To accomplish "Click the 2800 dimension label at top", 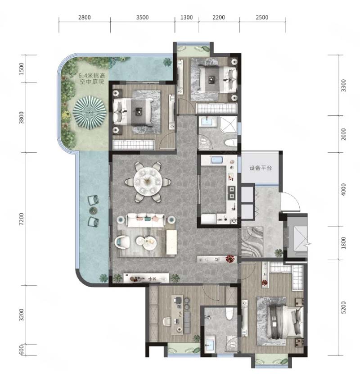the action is (x=84, y=18).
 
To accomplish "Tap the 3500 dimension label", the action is (x=142, y=18).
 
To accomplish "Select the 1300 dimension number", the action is (x=187, y=18).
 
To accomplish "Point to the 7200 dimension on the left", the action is (x=22, y=219).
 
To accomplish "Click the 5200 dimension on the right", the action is (x=343, y=307).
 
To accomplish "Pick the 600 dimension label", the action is (x=22, y=350).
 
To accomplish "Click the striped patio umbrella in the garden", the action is (x=90, y=112).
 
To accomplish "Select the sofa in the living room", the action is (x=146, y=220).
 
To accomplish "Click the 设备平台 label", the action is (x=261, y=168).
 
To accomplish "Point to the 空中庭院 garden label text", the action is (x=92, y=82).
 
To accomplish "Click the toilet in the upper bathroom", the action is (x=230, y=143).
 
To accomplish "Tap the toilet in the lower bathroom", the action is (x=229, y=314).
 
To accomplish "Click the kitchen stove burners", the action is (x=232, y=192).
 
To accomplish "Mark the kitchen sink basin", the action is (x=216, y=160).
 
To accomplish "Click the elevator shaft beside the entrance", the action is (x=297, y=238).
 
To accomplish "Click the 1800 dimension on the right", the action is (x=343, y=243).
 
